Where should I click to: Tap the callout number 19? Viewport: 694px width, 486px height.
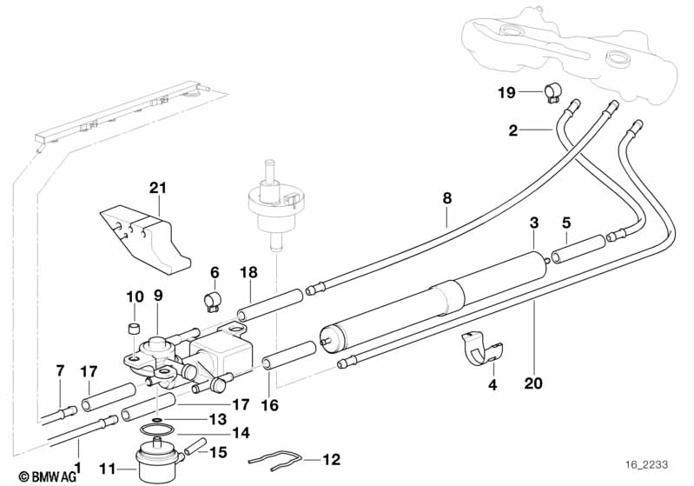pyautogui.click(x=506, y=92)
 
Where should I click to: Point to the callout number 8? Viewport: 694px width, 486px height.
pyautogui.click(x=446, y=197)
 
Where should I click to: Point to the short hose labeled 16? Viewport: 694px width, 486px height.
pyautogui.click(x=288, y=357)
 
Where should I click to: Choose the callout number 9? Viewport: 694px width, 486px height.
pyautogui.click(x=158, y=296)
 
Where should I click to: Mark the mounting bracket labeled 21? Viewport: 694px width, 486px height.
pyautogui.click(x=146, y=231)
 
